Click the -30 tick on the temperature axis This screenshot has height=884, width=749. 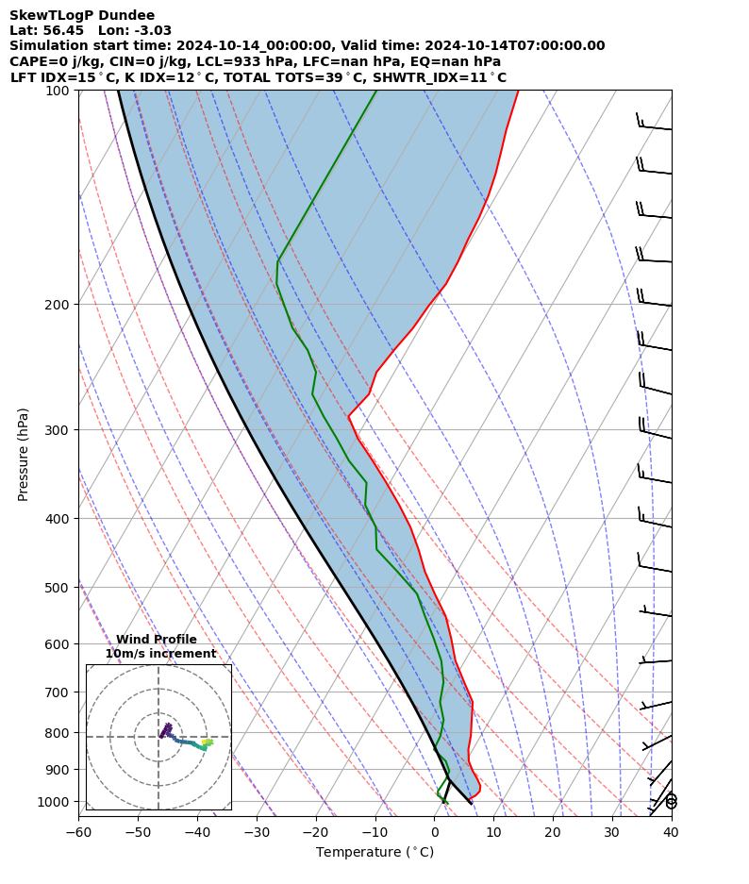[257, 832]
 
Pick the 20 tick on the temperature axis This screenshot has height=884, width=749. [553, 832]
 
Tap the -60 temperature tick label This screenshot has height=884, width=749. [78, 832]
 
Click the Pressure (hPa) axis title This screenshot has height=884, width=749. [24, 453]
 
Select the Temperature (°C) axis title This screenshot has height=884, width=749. [374, 852]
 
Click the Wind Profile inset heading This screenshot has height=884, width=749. [157, 640]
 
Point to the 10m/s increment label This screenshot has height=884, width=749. [160, 654]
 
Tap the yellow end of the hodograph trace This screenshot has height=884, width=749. [208, 742]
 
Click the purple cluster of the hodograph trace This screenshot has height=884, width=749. [166, 729]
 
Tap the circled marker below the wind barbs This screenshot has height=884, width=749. [671, 801]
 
